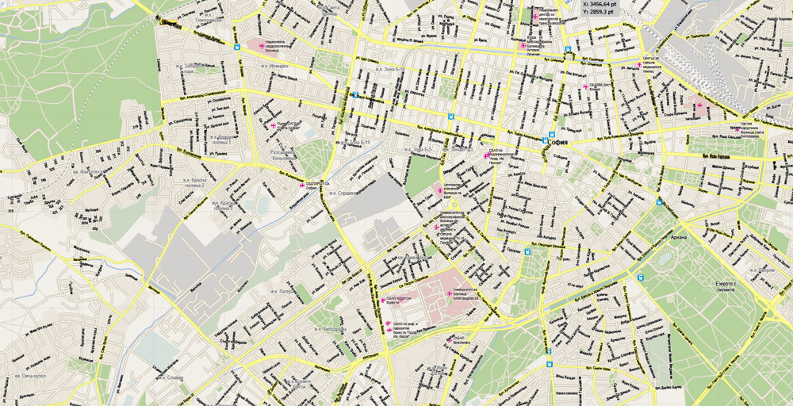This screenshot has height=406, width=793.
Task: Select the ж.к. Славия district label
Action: click(170, 378)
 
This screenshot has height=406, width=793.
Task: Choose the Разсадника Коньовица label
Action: click(285, 152)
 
